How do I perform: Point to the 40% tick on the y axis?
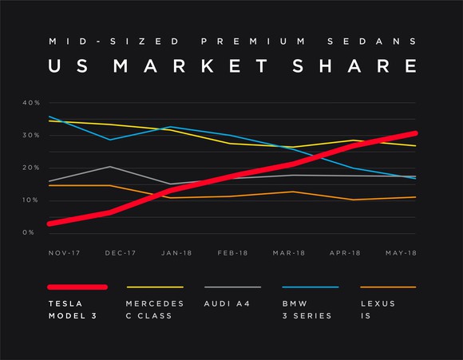[31, 103]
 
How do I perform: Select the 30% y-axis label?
[31, 136]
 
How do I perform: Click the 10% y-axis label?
[31, 200]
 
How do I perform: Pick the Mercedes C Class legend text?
[155, 309]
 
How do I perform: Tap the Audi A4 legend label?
[230, 304]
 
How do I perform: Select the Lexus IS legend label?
[378, 309]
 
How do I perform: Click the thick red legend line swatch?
[77, 287]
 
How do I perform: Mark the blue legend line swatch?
[311, 287]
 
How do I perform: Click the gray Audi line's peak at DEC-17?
[110, 167]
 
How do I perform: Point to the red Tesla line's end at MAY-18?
[414, 133]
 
